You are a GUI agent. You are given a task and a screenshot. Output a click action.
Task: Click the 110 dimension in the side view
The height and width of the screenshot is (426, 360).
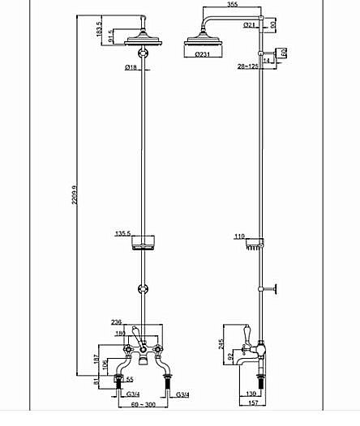[239, 237]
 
